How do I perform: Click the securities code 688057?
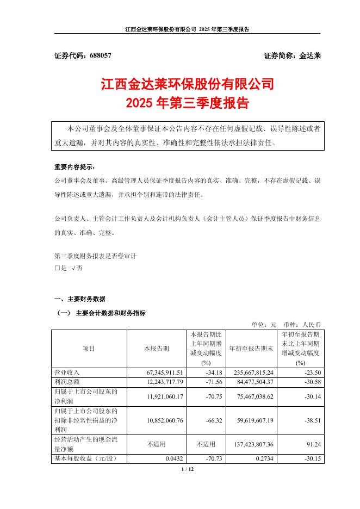[98, 55]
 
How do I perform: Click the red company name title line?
[187, 85]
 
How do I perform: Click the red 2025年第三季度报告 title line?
[187, 103]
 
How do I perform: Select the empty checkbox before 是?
[58, 268]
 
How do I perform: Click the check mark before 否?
[73, 268]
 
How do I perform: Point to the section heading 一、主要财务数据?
[80, 299]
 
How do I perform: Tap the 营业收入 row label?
[67, 373]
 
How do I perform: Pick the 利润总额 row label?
[67, 382]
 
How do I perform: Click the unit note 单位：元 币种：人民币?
[286, 324]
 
